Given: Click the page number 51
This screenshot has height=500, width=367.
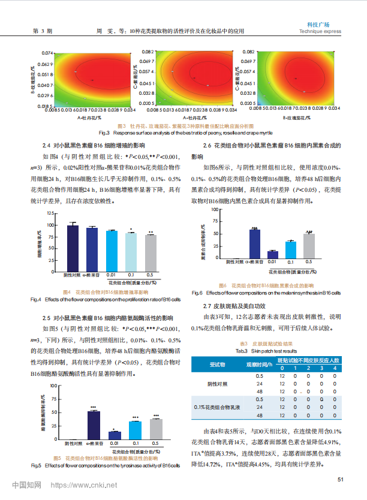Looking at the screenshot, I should (340, 478).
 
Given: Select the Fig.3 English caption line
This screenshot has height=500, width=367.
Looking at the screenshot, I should (183, 132).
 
